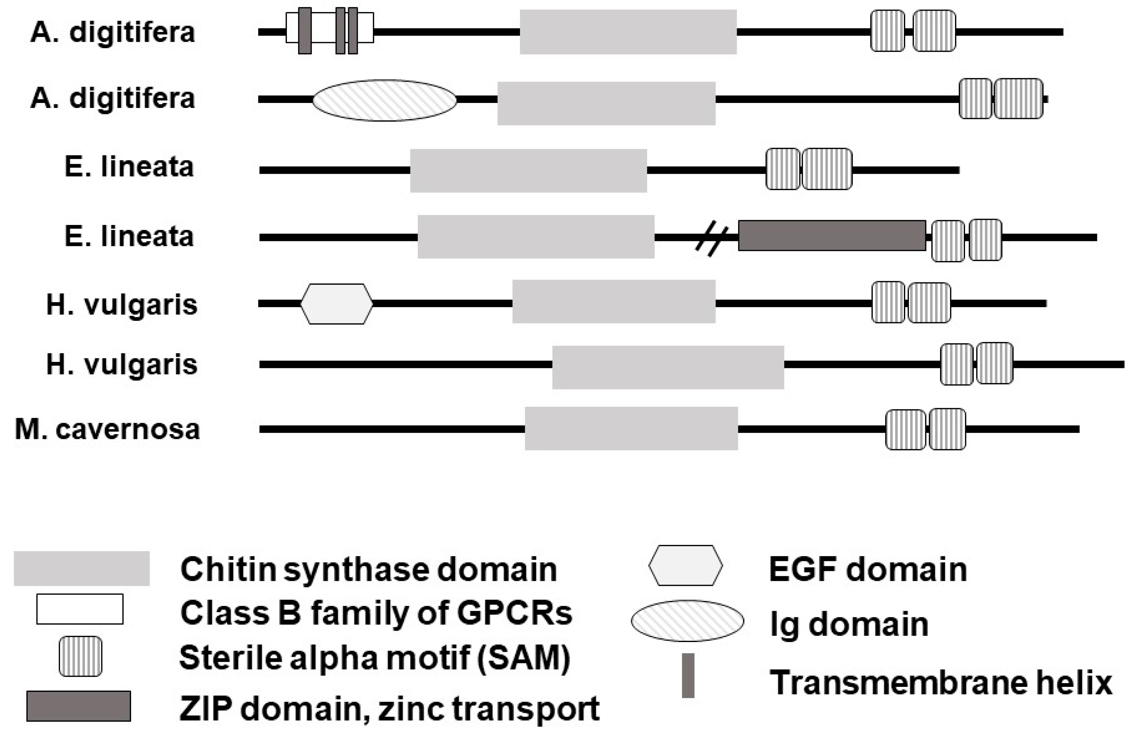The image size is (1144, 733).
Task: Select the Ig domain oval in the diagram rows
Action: (x=384, y=100)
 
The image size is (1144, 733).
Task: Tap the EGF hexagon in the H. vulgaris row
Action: (x=337, y=304)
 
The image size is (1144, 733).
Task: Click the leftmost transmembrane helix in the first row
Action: (x=305, y=31)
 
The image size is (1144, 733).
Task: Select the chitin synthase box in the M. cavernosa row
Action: (x=631, y=429)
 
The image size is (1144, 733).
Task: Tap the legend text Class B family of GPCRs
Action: (x=376, y=613)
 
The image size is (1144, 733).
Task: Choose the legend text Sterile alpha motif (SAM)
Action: (x=375, y=658)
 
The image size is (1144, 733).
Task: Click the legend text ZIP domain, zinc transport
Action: (x=389, y=708)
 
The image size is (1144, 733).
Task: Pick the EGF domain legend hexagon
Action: (x=686, y=566)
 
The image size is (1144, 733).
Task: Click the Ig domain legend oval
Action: (x=687, y=621)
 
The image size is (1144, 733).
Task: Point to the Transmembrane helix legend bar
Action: (x=688, y=676)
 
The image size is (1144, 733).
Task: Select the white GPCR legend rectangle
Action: (x=80, y=609)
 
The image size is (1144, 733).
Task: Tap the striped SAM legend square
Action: (x=81, y=656)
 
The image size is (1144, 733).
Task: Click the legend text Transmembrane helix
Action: (x=941, y=683)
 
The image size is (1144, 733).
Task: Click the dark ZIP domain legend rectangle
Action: (x=79, y=706)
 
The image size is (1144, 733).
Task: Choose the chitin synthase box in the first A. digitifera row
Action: (x=628, y=32)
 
